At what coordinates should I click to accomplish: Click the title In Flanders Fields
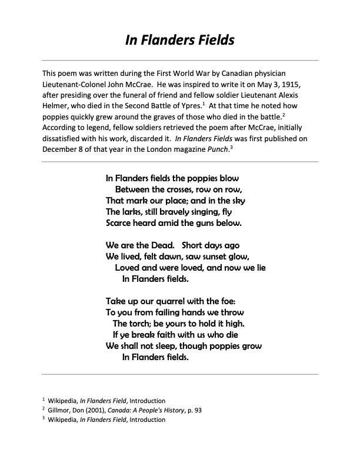click(x=180, y=40)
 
